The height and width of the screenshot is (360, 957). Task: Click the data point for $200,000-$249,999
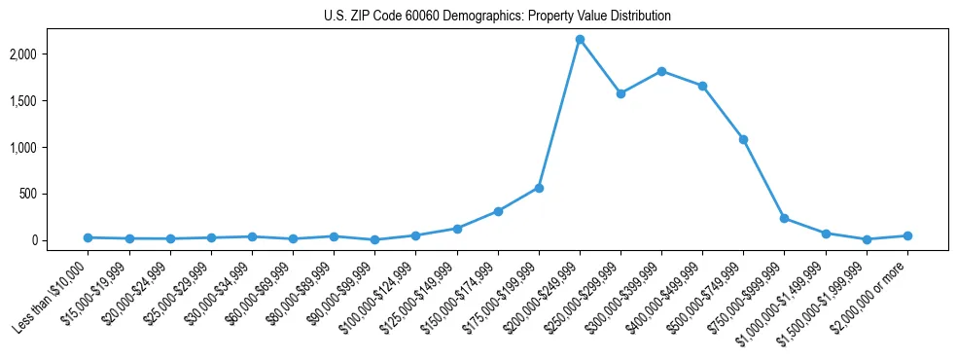click(x=580, y=40)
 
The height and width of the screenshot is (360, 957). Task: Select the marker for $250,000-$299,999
click(x=620, y=93)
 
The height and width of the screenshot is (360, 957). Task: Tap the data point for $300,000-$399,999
click(x=661, y=71)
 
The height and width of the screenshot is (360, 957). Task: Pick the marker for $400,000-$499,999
click(x=702, y=86)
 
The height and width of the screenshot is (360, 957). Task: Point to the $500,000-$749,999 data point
click(x=743, y=139)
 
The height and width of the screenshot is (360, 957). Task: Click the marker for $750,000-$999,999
click(x=784, y=219)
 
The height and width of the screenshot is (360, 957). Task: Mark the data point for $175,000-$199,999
click(x=539, y=188)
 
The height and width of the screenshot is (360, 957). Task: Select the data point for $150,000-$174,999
click(x=498, y=211)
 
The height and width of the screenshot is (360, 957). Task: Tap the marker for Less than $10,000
click(x=88, y=237)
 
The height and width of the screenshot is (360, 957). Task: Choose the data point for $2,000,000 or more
click(x=907, y=235)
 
